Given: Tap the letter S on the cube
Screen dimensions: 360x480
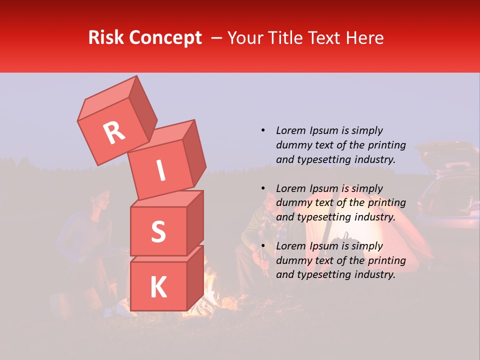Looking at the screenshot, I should pyautogui.click(x=158, y=232).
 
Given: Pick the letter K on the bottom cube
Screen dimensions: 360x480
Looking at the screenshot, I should pyautogui.click(x=158, y=287).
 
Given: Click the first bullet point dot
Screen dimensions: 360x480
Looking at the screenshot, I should pyautogui.click(x=263, y=130).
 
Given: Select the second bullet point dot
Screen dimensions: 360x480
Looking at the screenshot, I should pyautogui.click(x=263, y=188).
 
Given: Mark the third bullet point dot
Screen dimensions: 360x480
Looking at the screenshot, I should pyautogui.click(x=263, y=246).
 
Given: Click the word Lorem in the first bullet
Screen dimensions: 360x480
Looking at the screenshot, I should pyautogui.click(x=290, y=130).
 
